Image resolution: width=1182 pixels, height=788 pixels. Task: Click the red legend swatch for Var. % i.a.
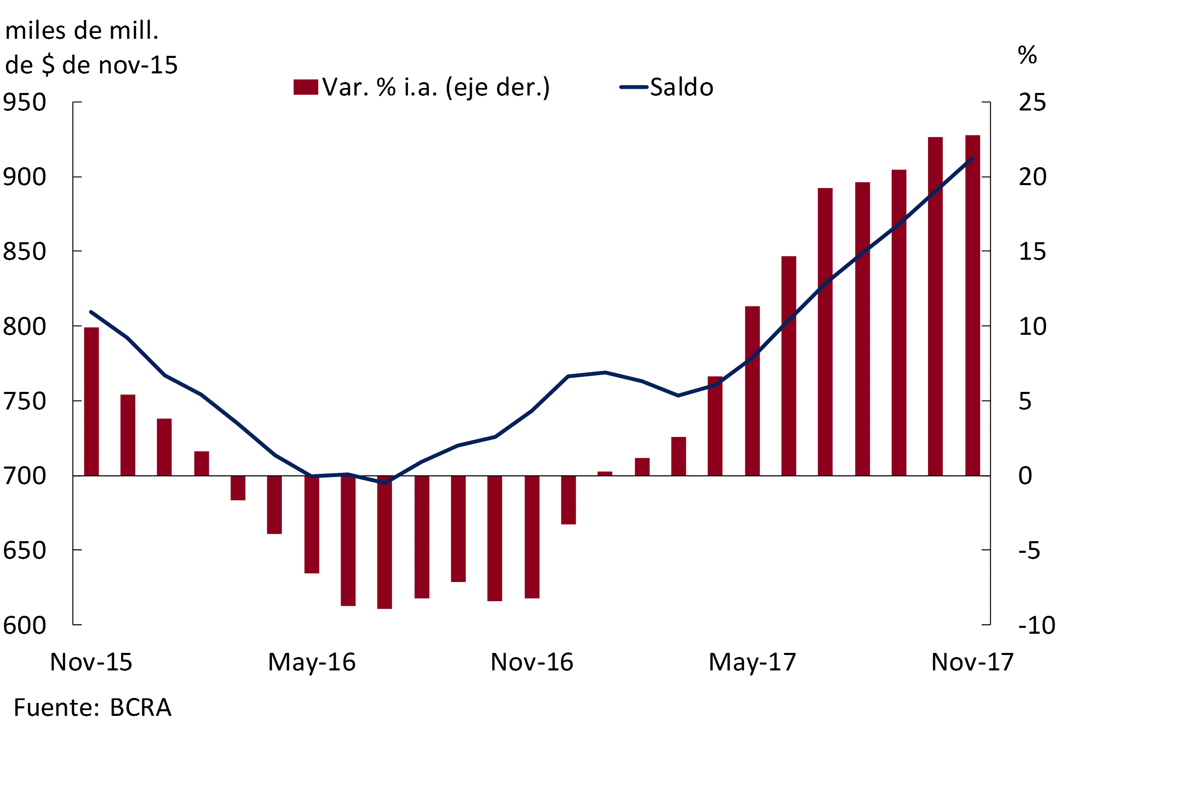[x=306, y=87]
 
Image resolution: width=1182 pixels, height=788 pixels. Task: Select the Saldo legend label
[x=681, y=88]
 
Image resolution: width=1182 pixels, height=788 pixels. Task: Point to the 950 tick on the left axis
[x=25, y=103]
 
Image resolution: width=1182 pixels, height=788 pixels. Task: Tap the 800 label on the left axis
[x=25, y=326]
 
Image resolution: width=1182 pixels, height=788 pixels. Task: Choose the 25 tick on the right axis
[x=1032, y=103]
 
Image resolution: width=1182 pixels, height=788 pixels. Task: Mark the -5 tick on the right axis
[x=1029, y=551]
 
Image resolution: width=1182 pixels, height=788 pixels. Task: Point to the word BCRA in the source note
[x=141, y=708]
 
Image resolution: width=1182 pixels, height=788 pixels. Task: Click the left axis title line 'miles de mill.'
[x=82, y=31]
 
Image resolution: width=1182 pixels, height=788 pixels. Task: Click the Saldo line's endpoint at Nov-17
[x=972, y=158]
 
